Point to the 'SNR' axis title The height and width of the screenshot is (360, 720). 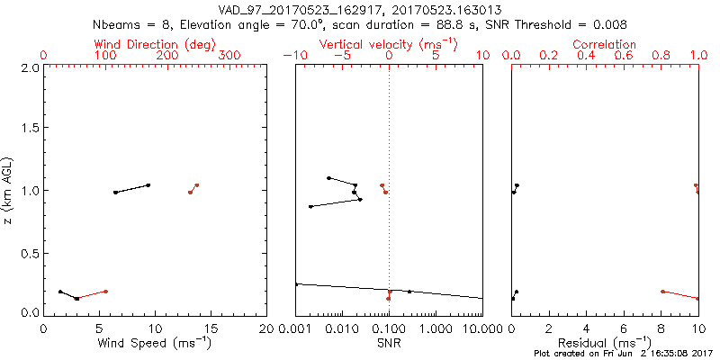(x=390, y=343)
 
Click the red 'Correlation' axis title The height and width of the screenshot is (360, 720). (x=606, y=44)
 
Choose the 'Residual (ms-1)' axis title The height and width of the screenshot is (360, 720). (x=606, y=343)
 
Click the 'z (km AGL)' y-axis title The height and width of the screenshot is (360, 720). (x=10, y=190)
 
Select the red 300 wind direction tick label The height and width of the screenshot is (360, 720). (x=229, y=56)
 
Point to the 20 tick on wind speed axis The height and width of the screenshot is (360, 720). (x=266, y=329)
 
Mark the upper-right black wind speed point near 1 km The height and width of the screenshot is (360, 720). (x=148, y=185)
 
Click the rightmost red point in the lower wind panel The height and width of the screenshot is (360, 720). (x=106, y=291)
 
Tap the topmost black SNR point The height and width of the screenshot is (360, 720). (x=329, y=177)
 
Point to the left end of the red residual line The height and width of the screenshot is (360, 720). (x=662, y=292)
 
